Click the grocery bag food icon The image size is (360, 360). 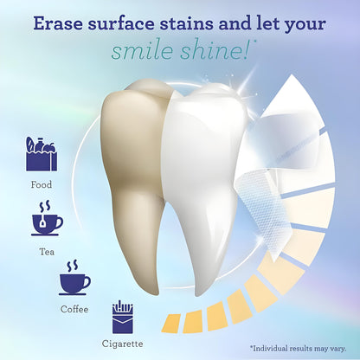41,157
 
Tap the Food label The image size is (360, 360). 41,184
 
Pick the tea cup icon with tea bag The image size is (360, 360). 46,220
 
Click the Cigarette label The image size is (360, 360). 124,344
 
